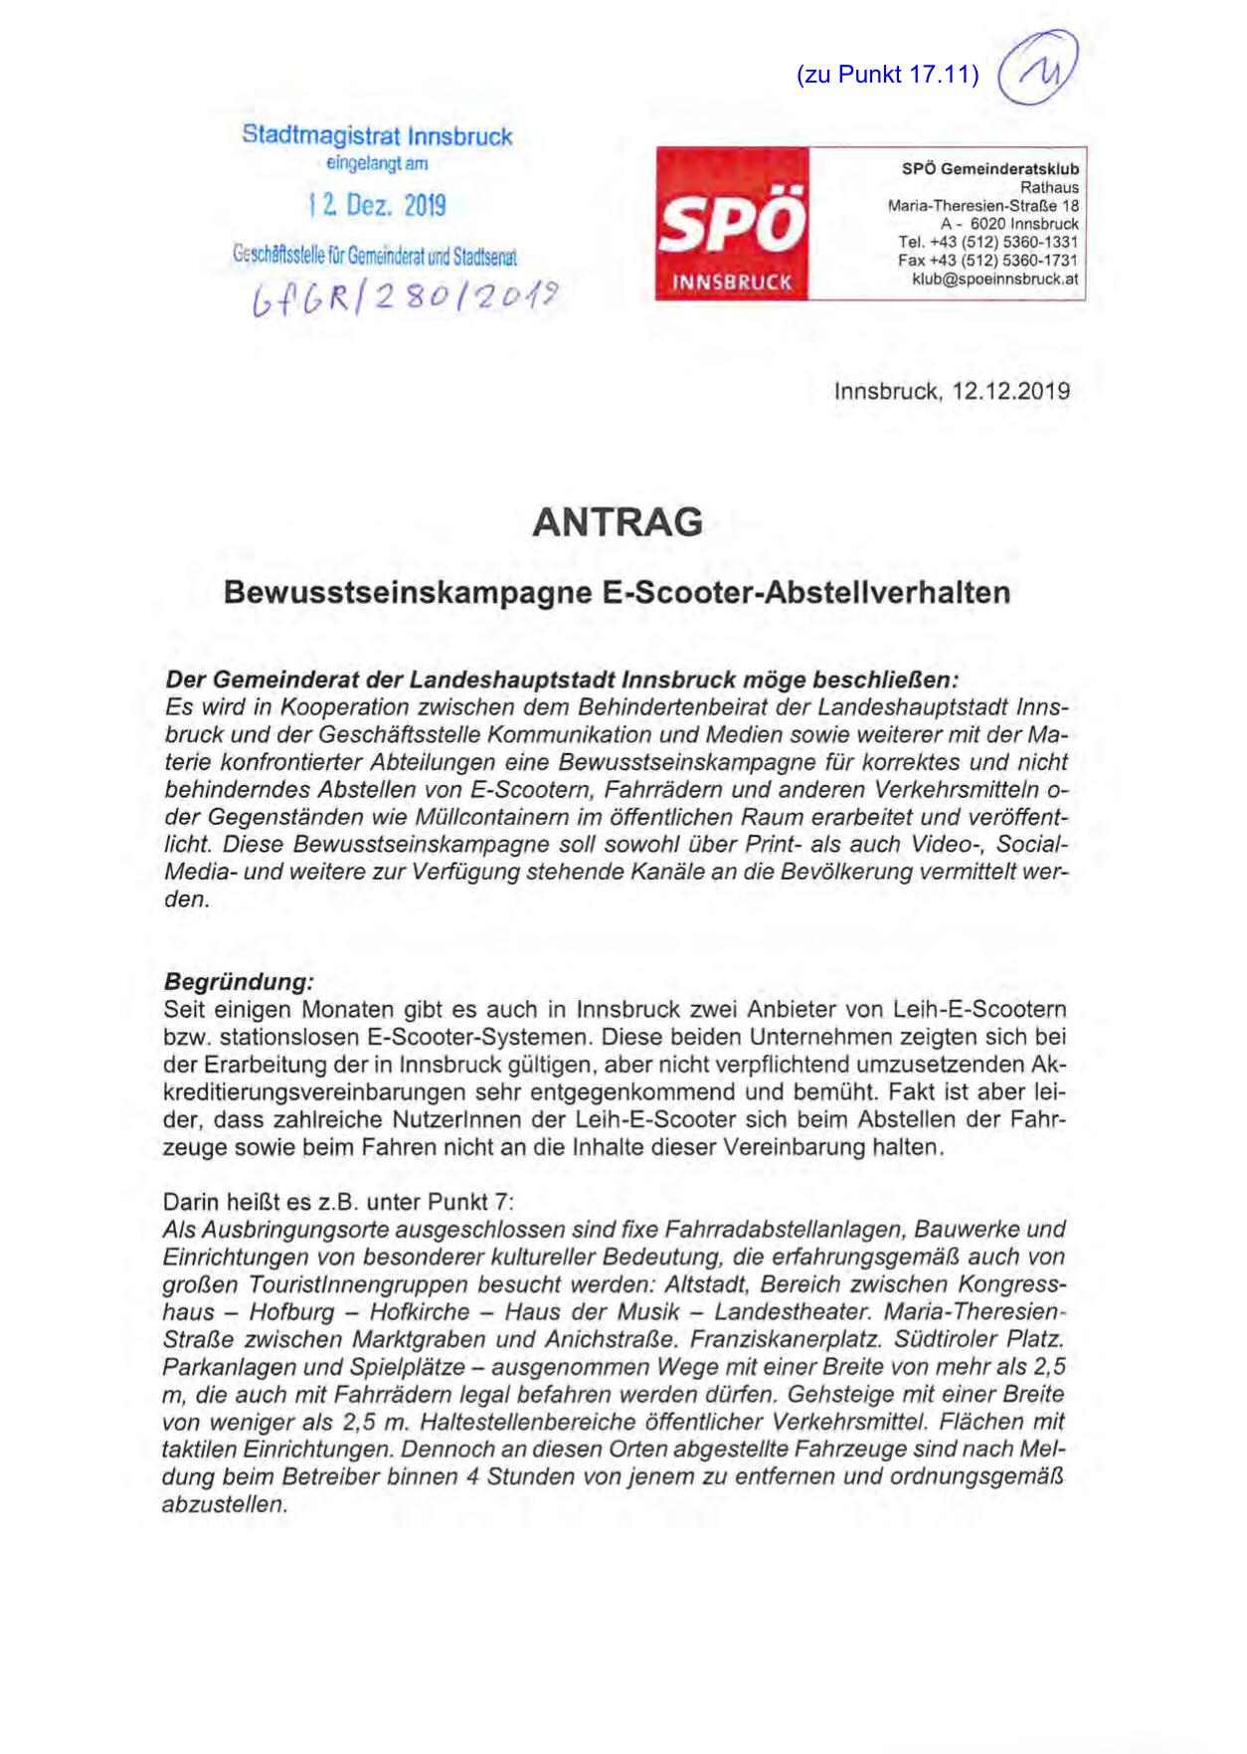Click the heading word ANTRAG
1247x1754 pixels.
pos(618,522)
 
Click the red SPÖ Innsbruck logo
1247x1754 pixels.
pos(732,224)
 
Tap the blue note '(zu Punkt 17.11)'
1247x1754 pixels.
pos(887,75)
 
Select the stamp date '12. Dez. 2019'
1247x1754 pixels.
pos(377,206)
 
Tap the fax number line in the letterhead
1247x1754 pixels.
pos(987,261)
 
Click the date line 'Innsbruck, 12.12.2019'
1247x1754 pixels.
pos(952,391)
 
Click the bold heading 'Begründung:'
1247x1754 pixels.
pos(239,982)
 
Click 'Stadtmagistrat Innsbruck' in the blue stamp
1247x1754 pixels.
pos(377,136)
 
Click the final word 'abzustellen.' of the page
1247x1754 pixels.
pos(225,1504)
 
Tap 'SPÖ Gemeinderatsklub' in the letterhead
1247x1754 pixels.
pos(989,169)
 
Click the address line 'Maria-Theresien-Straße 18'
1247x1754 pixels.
pos(982,206)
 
